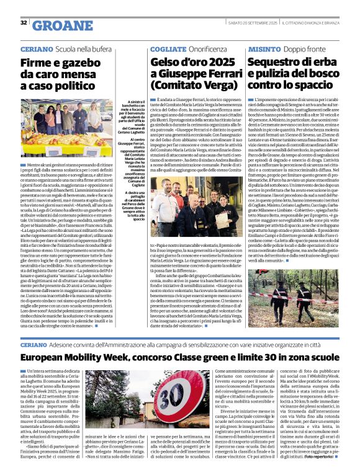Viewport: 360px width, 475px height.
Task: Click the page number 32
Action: (24, 22)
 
